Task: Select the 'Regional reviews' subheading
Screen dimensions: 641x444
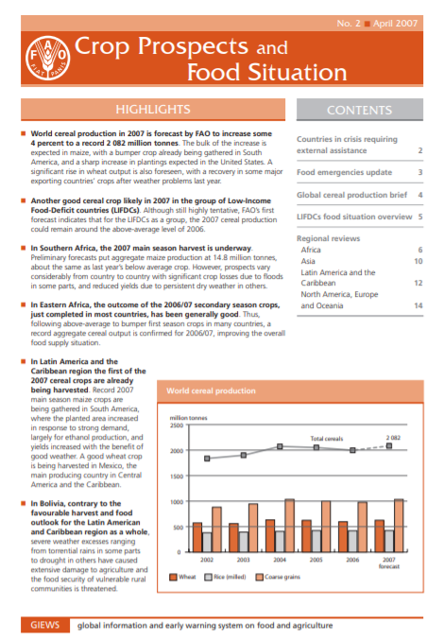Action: tap(327, 238)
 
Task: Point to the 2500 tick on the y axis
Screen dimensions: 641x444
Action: tap(175, 426)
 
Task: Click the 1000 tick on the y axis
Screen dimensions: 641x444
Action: tap(175, 502)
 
